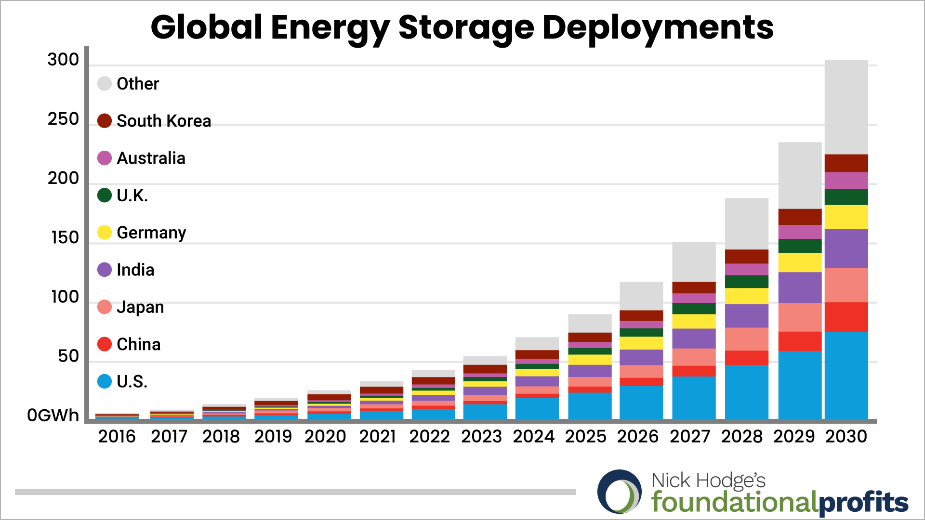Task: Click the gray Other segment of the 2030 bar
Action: click(x=846, y=107)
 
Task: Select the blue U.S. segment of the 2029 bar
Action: click(x=800, y=385)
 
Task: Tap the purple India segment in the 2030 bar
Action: click(x=846, y=248)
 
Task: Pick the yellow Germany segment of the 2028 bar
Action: click(x=746, y=296)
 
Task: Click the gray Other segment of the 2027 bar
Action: click(x=694, y=262)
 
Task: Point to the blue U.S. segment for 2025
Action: click(x=590, y=405)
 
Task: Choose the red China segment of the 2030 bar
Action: click(x=846, y=317)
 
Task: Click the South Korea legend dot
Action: click(x=105, y=121)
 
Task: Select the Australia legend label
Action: click(x=151, y=158)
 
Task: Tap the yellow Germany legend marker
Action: click(x=105, y=233)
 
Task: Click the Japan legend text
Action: click(x=140, y=307)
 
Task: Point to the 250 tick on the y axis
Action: click(x=63, y=119)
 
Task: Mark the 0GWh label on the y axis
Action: click(x=53, y=415)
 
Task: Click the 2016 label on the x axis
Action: click(x=117, y=436)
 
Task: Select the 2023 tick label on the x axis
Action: click(x=481, y=436)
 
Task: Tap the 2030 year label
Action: click(x=846, y=436)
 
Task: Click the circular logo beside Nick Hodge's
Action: click(x=619, y=492)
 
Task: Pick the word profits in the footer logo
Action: click(x=863, y=503)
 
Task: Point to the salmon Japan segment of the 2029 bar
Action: click(x=800, y=317)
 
